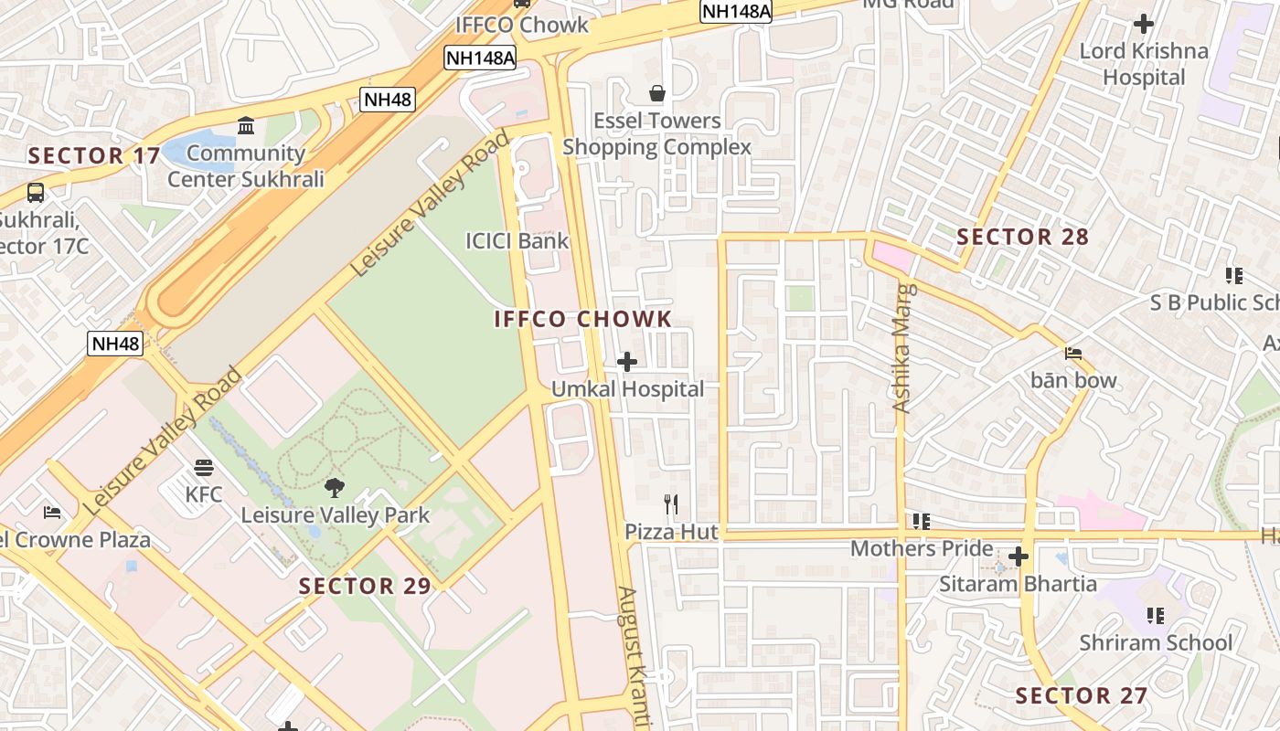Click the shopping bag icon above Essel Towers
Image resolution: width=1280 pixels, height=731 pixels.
click(656, 93)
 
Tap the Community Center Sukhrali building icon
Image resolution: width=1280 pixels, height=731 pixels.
click(246, 125)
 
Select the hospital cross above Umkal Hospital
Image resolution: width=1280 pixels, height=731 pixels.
click(627, 362)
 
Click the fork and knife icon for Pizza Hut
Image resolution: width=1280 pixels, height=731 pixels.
click(671, 503)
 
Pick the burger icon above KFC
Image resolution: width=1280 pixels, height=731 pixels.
click(204, 468)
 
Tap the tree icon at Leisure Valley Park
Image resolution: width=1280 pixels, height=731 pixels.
click(335, 488)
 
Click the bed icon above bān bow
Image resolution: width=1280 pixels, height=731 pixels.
click(1073, 353)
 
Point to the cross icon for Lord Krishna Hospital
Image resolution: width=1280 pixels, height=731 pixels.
click(1144, 24)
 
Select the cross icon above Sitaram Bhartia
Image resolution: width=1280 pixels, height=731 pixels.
click(1019, 556)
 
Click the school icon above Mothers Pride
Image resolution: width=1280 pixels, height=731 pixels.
click(921, 522)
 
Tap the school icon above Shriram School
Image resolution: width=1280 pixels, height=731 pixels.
click(1156, 616)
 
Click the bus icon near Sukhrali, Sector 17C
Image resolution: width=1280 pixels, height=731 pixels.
click(36, 193)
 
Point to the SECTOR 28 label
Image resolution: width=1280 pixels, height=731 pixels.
click(1022, 238)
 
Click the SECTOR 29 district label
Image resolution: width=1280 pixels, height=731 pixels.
click(365, 587)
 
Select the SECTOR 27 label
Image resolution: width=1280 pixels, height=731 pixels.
click(1081, 695)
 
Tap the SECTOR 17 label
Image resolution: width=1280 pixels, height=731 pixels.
click(93, 156)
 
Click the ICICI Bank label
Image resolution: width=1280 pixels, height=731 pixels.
click(517, 241)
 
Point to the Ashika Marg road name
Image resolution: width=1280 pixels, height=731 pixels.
click(903, 348)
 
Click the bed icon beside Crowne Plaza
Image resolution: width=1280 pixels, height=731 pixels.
click(52, 512)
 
